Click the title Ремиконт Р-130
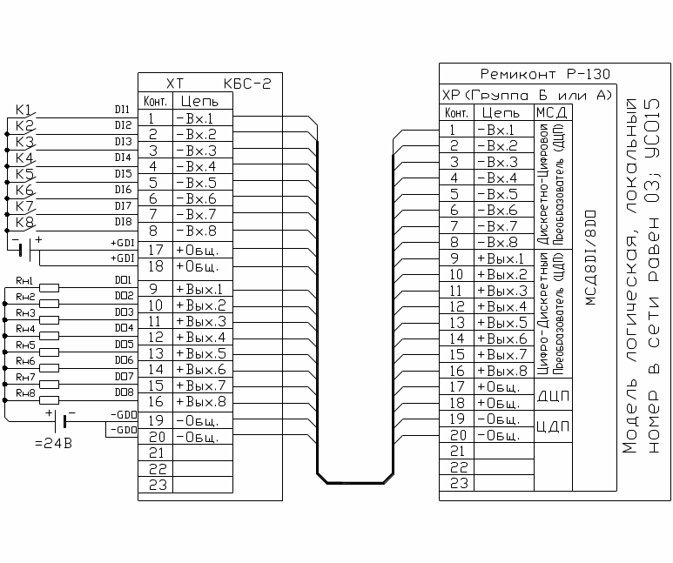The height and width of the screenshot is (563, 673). (545, 74)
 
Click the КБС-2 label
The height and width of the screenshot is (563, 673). (247, 84)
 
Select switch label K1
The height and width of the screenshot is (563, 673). (24, 110)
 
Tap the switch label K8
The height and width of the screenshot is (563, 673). (24, 222)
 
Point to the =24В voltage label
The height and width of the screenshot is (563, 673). (53, 443)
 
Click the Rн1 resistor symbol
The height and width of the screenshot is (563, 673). (49, 287)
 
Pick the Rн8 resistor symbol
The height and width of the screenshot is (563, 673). (49, 400)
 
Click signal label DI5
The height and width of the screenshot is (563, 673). (123, 174)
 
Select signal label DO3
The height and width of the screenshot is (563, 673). (124, 312)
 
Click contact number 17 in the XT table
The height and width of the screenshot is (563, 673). (156, 250)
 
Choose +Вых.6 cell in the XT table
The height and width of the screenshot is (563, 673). (201, 370)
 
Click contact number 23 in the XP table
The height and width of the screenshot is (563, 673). (459, 483)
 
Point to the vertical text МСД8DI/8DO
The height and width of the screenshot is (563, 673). (591, 258)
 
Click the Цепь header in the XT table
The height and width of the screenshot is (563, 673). (199, 101)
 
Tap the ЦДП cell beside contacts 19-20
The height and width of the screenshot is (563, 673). (553, 426)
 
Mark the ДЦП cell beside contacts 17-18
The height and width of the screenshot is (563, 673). (553, 395)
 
